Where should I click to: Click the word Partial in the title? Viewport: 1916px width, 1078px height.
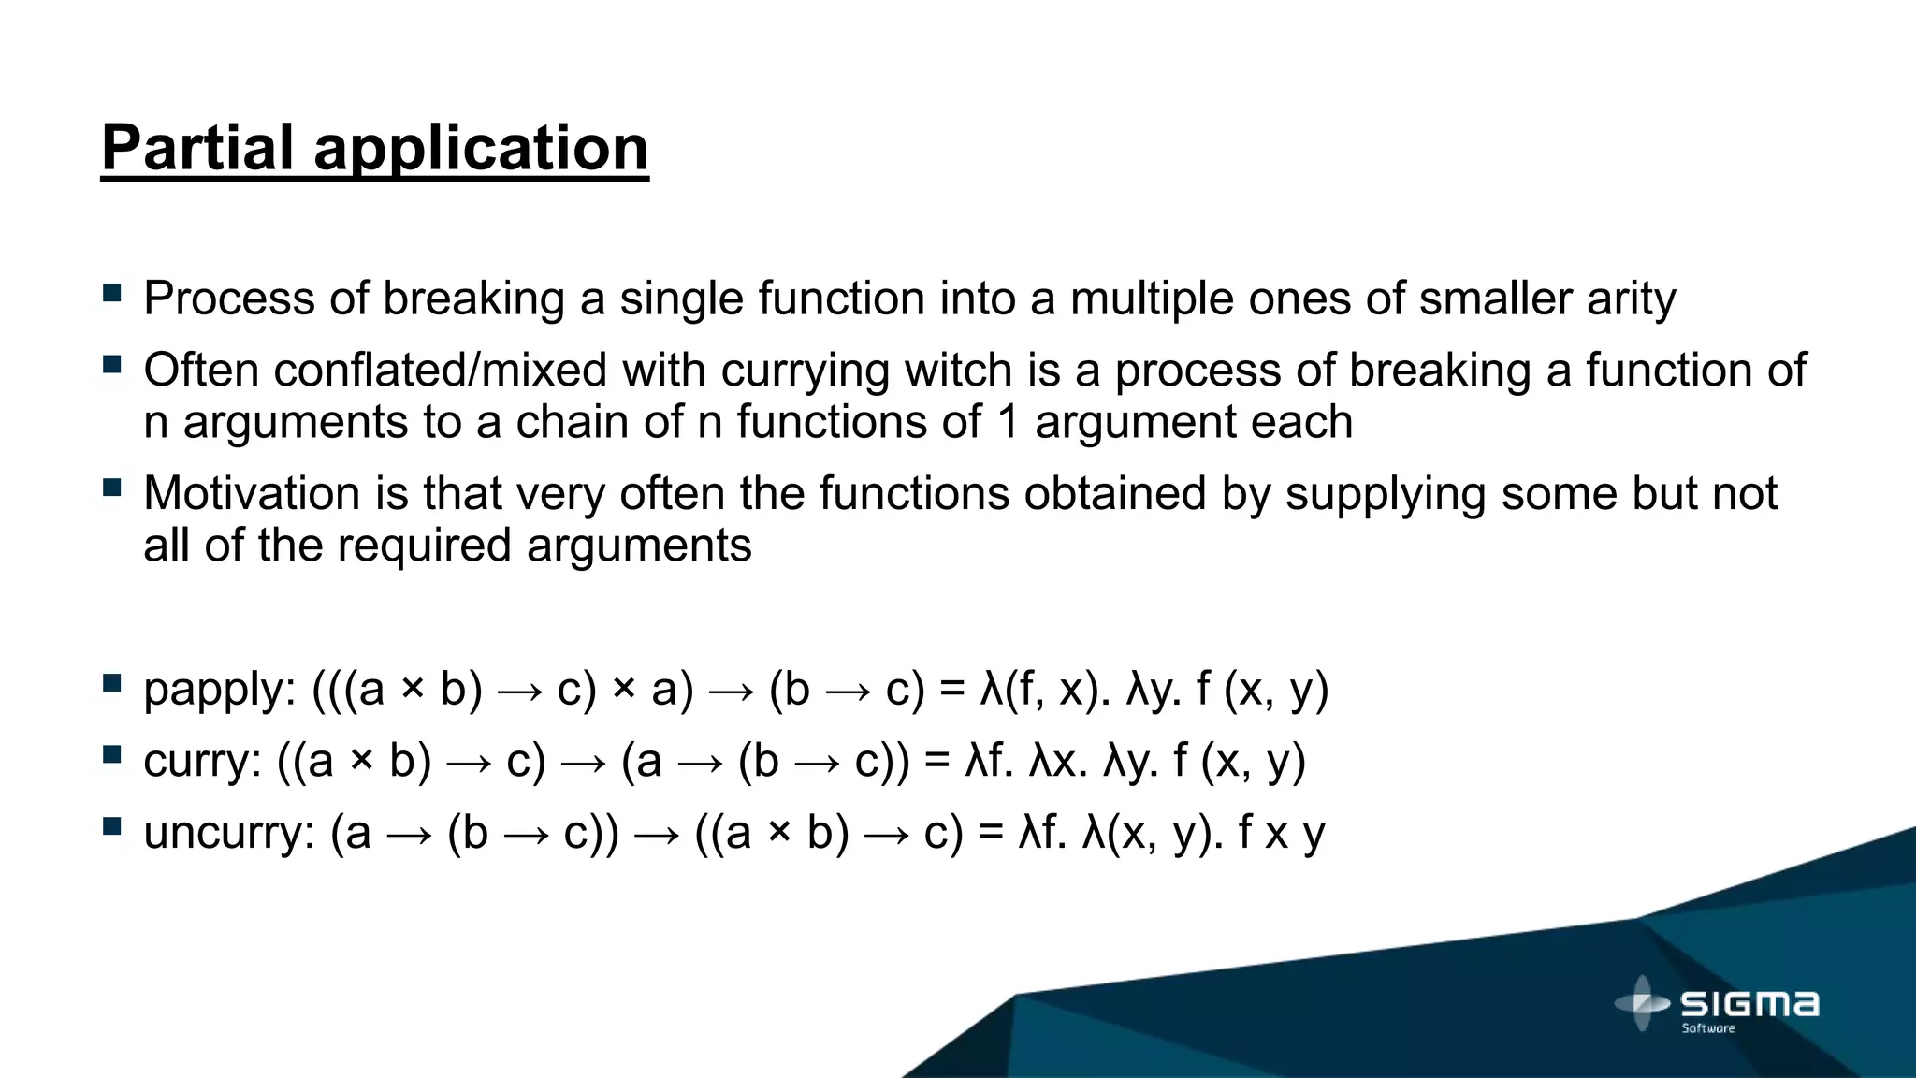click(197, 148)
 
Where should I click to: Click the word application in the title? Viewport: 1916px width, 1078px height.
click(481, 150)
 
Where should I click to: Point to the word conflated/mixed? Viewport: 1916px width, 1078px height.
click(441, 371)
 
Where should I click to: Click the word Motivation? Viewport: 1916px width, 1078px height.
click(252, 493)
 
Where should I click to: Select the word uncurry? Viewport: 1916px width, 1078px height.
click(228, 834)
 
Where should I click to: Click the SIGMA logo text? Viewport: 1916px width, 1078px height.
click(1749, 1004)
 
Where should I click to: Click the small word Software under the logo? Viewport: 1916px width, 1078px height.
click(1708, 1028)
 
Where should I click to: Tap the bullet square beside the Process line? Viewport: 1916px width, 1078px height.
click(112, 293)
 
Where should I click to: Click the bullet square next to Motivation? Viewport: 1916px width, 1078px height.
click(112, 488)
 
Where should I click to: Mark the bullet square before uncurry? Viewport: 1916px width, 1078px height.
click(112, 826)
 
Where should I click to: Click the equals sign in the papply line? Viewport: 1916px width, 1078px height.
click(952, 690)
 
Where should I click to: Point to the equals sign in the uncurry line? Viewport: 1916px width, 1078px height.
click(991, 832)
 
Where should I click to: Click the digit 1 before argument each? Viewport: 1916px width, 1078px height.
click(1008, 422)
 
